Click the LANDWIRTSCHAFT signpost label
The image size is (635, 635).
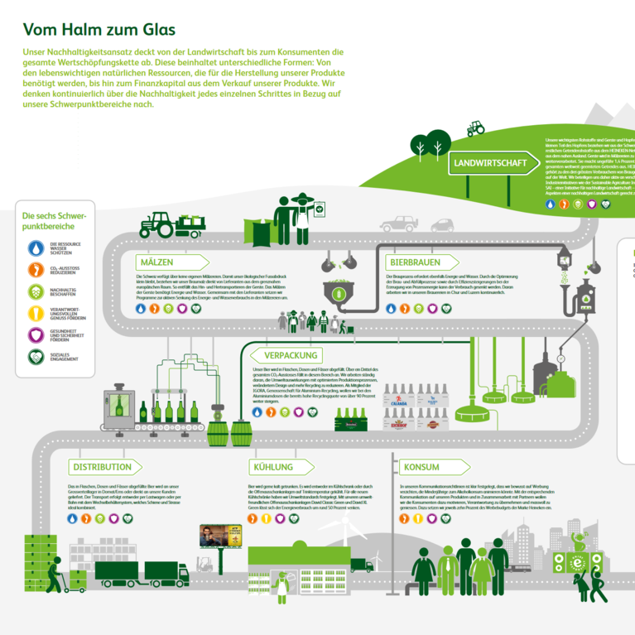click(491, 163)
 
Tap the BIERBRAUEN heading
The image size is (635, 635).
click(416, 262)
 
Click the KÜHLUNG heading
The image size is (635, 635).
click(274, 468)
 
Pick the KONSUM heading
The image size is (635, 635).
click(421, 468)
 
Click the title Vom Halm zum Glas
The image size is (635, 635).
click(99, 30)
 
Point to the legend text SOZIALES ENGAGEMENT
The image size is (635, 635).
click(64, 357)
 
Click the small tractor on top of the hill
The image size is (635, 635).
click(475, 128)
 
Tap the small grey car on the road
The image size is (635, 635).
click(442, 225)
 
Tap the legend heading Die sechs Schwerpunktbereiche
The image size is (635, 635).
click(55, 220)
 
